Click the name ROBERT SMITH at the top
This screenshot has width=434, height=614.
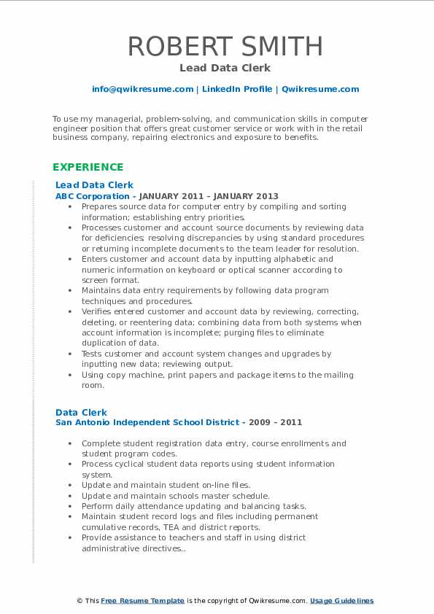coord(225,46)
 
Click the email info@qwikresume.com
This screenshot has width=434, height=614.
coord(142,89)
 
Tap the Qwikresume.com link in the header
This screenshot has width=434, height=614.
coord(320,89)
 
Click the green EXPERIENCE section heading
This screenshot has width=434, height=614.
coord(88,167)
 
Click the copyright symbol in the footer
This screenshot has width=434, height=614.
coord(80,601)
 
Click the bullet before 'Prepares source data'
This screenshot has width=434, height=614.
coord(69,207)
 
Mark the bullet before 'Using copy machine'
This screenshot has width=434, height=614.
coord(69,375)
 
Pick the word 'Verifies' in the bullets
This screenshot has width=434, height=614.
coord(96,311)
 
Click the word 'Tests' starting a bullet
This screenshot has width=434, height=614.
coord(93,354)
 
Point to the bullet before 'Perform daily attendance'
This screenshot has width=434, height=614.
coord(69,506)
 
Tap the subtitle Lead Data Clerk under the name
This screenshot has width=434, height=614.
coord(225,68)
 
